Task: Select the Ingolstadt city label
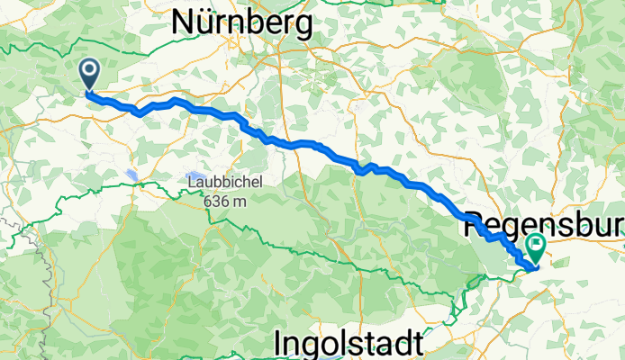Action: click(348, 343)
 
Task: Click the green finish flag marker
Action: click(538, 244)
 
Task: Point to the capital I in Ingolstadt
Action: click(278, 343)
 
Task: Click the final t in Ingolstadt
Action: click(416, 343)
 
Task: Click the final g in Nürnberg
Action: click(303, 24)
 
